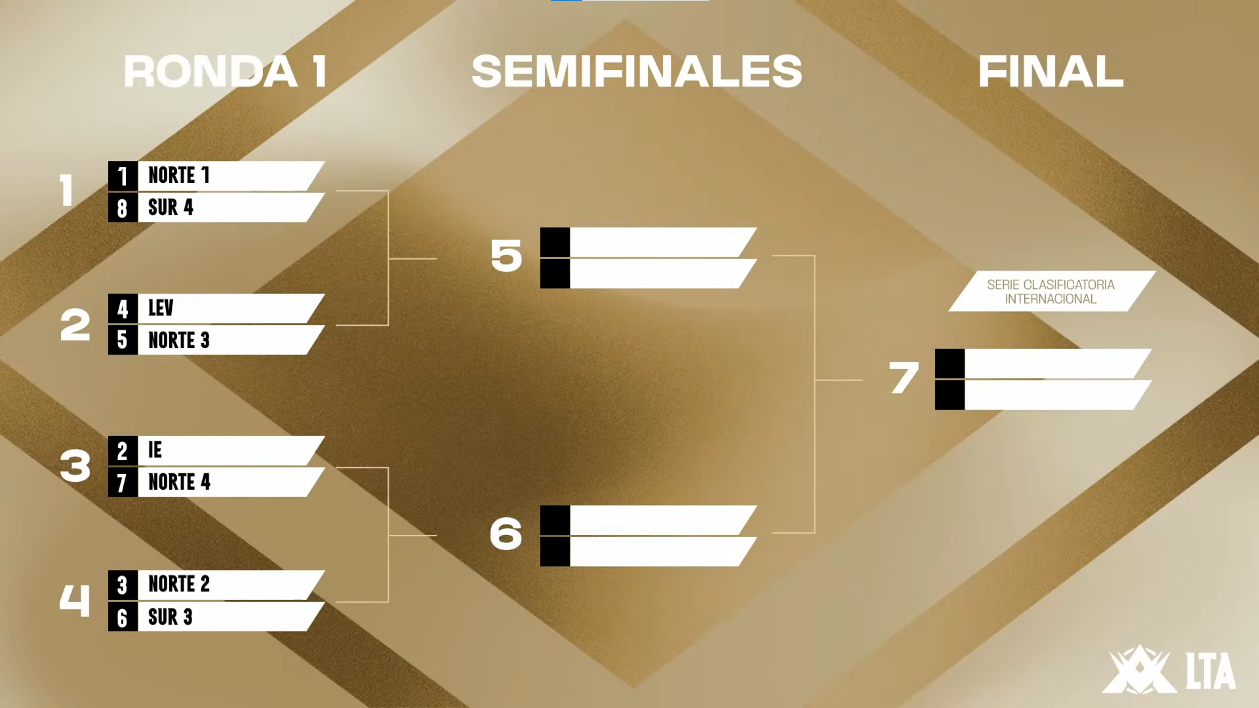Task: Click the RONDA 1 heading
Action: [x=226, y=71]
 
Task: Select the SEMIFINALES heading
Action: [x=637, y=71]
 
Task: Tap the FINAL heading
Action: [x=1050, y=71]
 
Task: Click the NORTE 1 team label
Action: [x=178, y=176]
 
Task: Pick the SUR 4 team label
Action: [x=170, y=208]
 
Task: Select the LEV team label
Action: [x=161, y=308]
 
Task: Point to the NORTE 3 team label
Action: [x=178, y=340]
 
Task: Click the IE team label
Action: [x=155, y=450]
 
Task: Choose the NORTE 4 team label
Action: [x=179, y=482]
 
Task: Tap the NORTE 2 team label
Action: [x=178, y=584]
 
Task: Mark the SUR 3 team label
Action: [x=170, y=617]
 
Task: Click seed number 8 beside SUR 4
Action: [x=122, y=208]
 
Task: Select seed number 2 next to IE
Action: [x=122, y=451]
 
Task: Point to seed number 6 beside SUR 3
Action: [x=122, y=618]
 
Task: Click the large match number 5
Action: [x=506, y=256]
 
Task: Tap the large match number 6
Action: [x=506, y=534]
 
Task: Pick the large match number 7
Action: [x=904, y=379]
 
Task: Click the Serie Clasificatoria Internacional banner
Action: [x=1050, y=292]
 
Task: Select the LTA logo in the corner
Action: [x=1169, y=670]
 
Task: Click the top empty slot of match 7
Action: [x=1049, y=364]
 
